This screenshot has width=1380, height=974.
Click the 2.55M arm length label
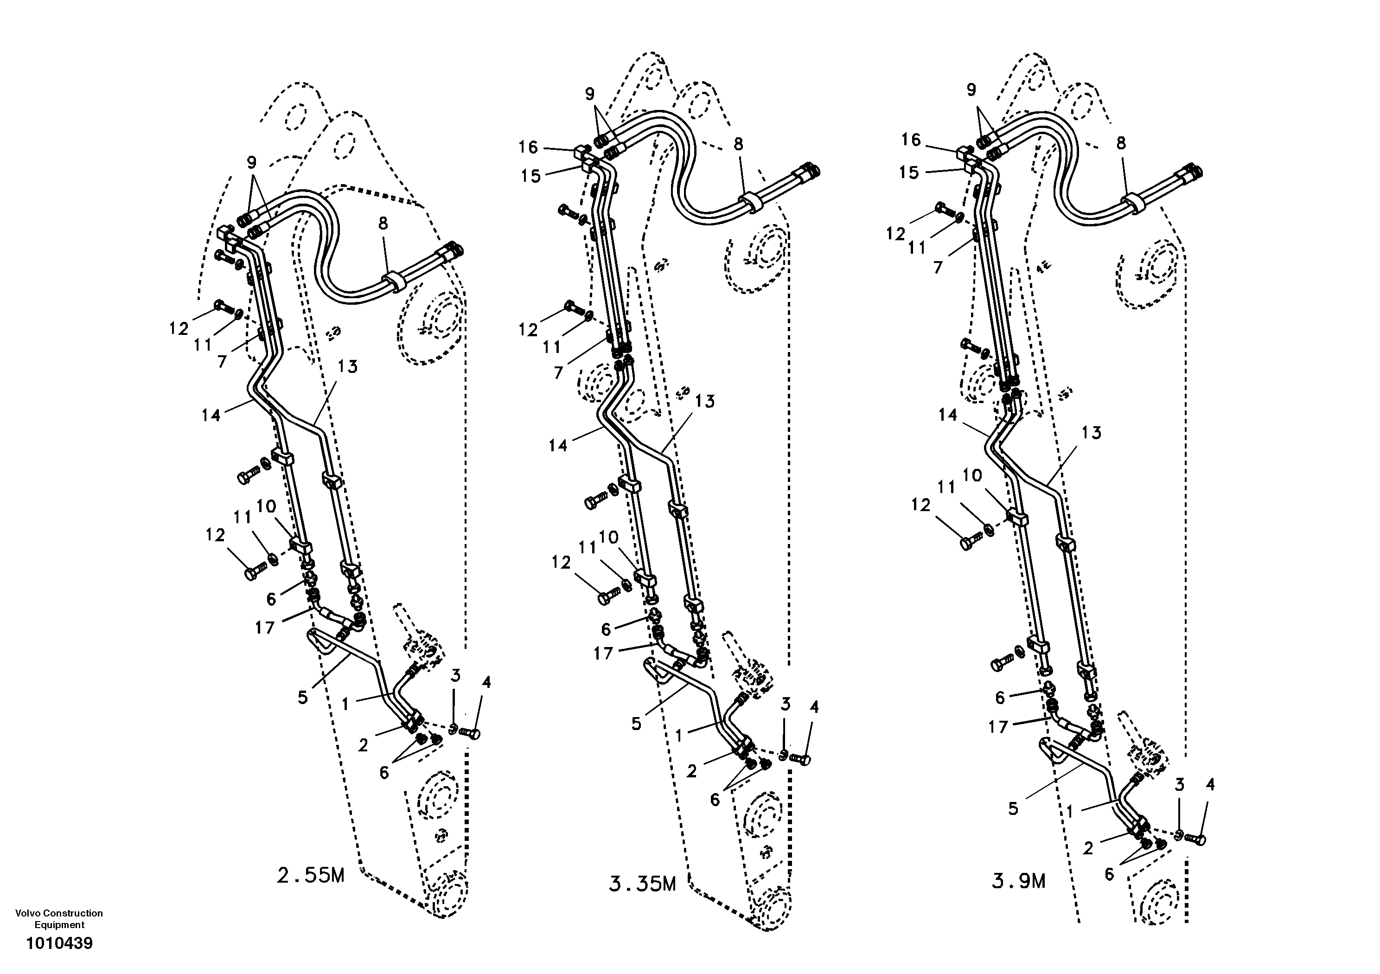coord(310,875)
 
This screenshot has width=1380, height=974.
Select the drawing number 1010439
coord(59,943)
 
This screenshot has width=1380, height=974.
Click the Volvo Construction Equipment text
coord(59,919)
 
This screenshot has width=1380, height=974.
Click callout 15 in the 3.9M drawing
coord(909,173)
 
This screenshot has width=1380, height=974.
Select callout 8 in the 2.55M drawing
coord(383,223)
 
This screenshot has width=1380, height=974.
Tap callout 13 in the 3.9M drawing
coord(1091,432)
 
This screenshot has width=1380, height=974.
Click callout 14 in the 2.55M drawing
coord(211,415)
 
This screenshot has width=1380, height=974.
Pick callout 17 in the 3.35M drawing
coord(603,653)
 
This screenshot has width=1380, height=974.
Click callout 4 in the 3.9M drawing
coord(1210,785)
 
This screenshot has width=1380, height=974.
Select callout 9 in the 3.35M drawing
coord(590,94)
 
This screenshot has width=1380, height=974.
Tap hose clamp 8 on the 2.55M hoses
coord(394,282)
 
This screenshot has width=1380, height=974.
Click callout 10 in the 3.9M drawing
coord(972,475)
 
